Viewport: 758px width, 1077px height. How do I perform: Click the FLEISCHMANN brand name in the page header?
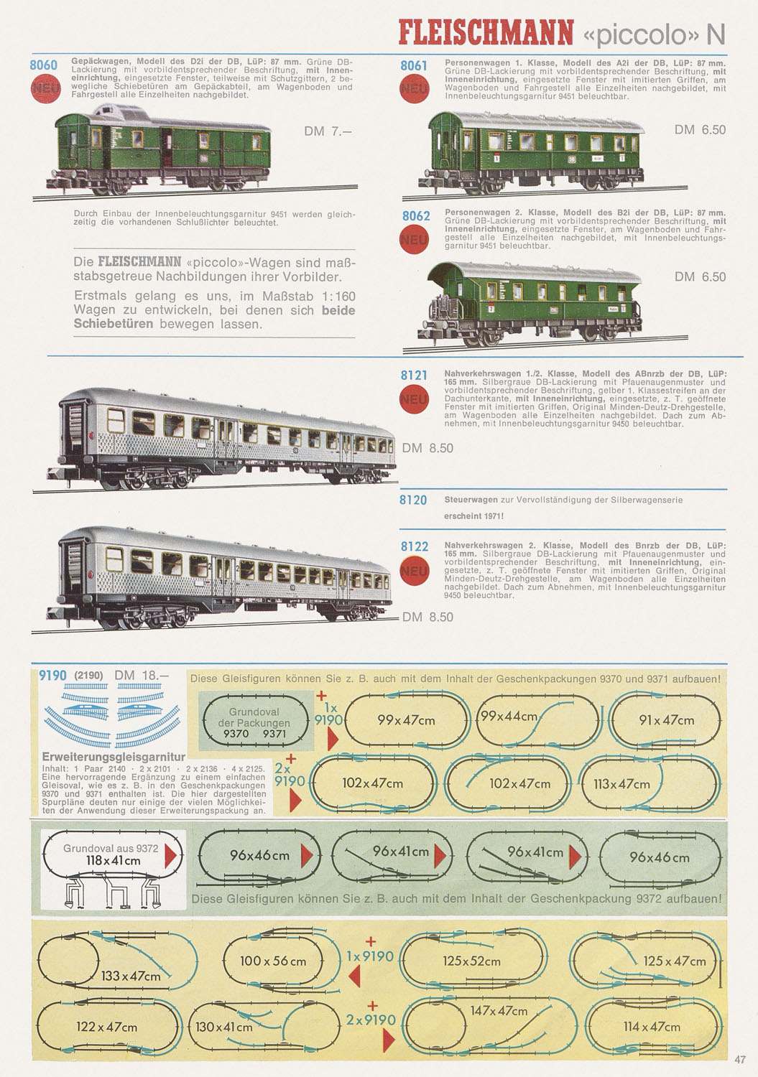(x=486, y=33)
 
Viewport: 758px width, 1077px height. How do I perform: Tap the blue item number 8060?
(x=43, y=65)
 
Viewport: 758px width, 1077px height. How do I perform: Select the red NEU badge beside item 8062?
(x=414, y=239)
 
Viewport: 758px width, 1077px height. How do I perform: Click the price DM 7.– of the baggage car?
(x=328, y=131)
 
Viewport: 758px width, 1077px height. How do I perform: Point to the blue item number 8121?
(x=414, y=376)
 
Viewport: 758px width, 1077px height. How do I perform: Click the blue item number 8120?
(x=413, y=500)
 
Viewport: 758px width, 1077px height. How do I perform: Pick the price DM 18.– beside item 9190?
(x=142, y=676)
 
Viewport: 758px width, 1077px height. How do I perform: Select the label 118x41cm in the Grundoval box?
(x=113, y=860)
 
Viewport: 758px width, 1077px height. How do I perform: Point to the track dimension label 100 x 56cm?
(x=273, y=961)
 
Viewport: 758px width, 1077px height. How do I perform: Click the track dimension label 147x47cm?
(x=499, y=1011)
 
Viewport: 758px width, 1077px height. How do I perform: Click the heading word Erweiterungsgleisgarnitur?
(x=114, y=757)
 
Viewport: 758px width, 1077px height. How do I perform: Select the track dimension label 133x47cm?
(x=131, y=976)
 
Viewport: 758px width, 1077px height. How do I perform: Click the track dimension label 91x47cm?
(x=666, y=719)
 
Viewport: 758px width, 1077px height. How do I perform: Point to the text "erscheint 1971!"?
(x=474, y=516)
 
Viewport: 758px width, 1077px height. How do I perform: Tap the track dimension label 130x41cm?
(x=223, y=1027)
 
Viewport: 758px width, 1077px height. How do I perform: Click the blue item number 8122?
(x=415, y=546)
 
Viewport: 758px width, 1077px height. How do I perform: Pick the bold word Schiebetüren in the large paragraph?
(x=114, y=324)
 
